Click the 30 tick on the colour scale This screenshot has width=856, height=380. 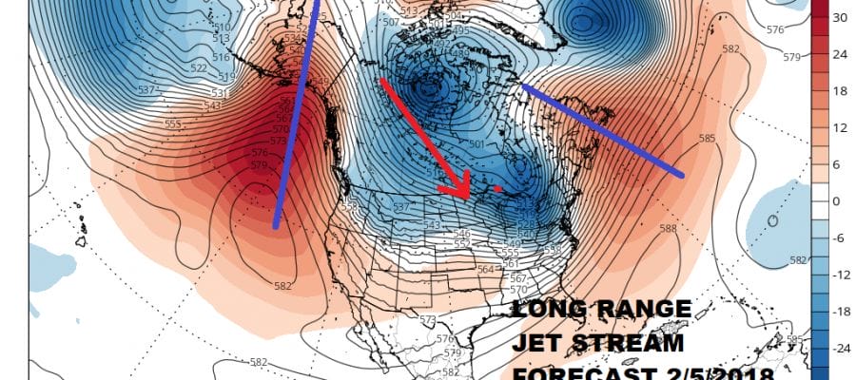[x=840, y=18]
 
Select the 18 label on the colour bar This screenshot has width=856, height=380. [x=840, y=91]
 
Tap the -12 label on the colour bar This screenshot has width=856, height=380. [x=840, y=275]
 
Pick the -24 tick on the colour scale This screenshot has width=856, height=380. [x=840, y=349]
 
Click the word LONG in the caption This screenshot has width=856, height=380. [x=546, y=311]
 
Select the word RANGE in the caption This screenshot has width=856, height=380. [x=647, y=311]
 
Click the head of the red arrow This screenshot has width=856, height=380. [x=466, y=192]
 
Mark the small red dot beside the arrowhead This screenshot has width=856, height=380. [x=499, y=189]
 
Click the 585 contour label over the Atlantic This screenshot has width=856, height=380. [x=707, y=139]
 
